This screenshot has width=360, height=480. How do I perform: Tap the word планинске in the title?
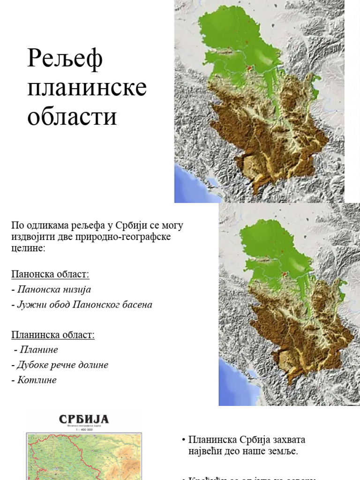[x=87, y=89]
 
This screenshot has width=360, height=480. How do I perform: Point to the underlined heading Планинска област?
[x=53, y=335]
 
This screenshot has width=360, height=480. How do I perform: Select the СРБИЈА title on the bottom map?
[x=83, y=419]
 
